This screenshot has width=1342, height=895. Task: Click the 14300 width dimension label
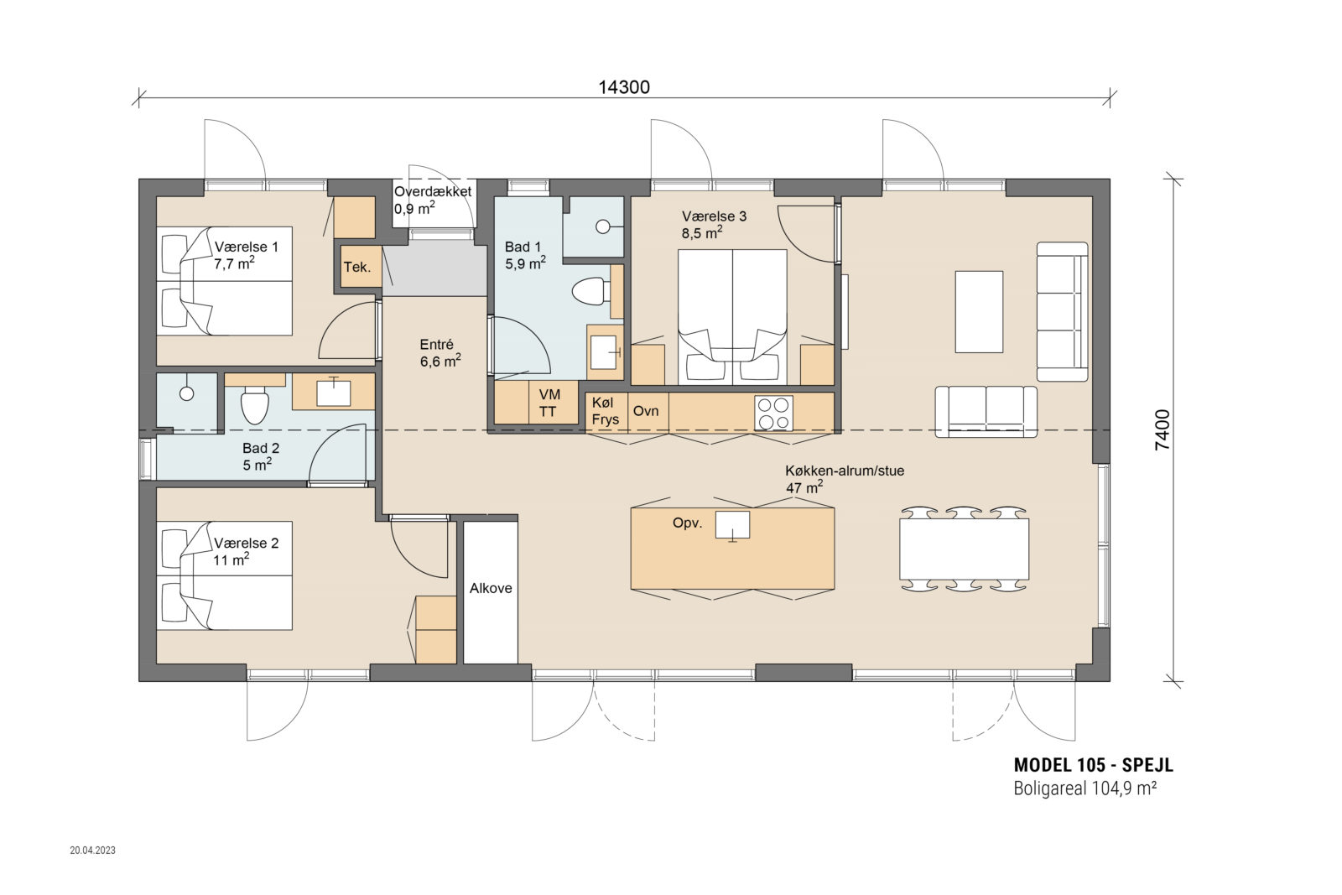click(x=624, y=87)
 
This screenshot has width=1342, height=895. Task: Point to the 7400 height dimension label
click(x=1162, y=429)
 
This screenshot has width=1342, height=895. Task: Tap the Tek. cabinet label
click(x=357, y=268)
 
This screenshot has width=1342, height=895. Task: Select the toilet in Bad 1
click(x=590, y=292)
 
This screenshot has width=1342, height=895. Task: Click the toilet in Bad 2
click(x=254, y=405)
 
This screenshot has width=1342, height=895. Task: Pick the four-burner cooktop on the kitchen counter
click(x=773, y=413)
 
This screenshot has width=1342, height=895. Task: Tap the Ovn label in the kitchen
click(x=646, y=411)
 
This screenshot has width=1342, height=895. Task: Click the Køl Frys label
click(x=605, y=411)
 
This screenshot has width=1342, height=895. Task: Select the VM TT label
click(x=549, y=403)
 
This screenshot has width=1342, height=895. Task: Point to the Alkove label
click(x=491, y=588)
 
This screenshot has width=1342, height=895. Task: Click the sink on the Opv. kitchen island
click(x=733, y=525)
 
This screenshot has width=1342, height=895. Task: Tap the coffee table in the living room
click(x=979, y=311)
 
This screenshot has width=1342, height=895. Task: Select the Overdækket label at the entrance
click(x=433, y=192)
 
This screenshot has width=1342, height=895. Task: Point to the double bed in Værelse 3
click(x=732, y=317)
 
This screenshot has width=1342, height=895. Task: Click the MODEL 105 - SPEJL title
click(x=1094, y=765)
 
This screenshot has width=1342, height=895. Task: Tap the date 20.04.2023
click(x=93, y=850)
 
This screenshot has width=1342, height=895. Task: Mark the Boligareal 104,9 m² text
click(x=1085, y=788)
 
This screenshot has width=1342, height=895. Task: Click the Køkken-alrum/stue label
click(x=845, y=471)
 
